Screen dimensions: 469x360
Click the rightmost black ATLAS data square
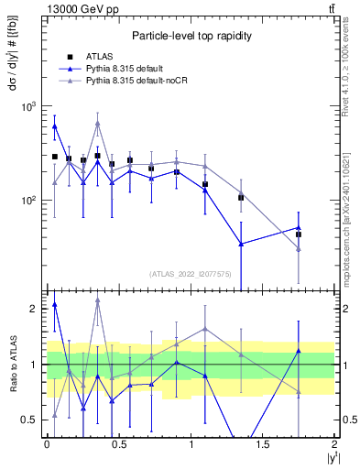[299, 234]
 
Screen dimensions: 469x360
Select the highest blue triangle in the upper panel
[55, 126]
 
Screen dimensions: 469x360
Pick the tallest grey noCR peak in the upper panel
[98, 123]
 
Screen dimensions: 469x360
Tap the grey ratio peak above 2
[98, 300]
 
